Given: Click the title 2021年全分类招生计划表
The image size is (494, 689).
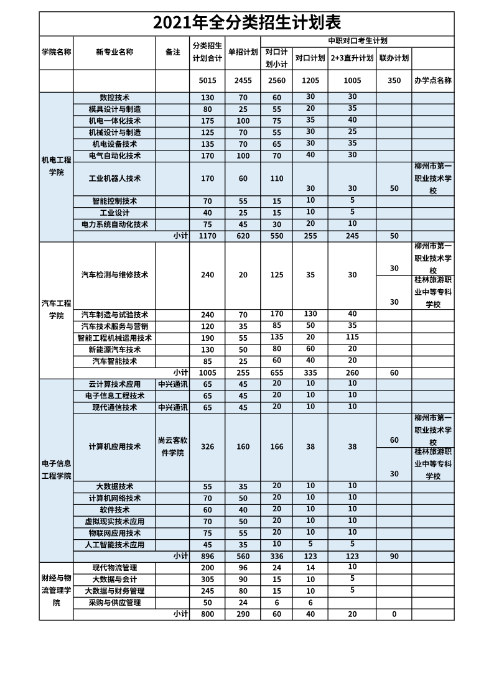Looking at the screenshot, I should tap(247, 23).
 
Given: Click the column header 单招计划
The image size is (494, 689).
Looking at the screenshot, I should tap(243, 52).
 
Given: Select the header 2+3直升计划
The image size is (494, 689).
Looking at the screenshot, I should tap(352, 58).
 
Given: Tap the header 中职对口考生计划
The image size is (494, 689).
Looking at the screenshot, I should tap(357, 40).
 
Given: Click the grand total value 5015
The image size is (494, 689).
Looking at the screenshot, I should tap(207, 81).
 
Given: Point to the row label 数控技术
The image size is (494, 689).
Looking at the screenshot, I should tap(114, 98).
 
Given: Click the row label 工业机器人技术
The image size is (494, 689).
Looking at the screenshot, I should tap(114, 178).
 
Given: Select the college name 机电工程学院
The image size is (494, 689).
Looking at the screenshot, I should tap(56, 166).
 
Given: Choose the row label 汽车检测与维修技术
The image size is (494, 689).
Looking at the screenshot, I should tap(114, 275).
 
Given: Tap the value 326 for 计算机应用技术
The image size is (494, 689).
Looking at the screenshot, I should tap(207, 446).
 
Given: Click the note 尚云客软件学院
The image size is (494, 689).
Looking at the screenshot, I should tap(172, 446).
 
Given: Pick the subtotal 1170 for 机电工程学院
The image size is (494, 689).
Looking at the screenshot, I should tap(207, 236).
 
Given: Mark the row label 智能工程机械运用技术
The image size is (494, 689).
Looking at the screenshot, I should tap(114, 338).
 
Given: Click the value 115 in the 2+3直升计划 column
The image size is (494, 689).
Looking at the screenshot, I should tap(352, 337).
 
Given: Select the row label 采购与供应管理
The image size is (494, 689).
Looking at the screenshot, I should tap(114, 603).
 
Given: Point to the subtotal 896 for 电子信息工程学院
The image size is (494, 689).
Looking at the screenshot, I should tap(207, 557).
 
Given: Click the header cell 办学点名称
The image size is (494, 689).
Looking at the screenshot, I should tap(432, 81).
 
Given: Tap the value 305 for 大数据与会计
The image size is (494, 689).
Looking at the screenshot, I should tap(207, 580).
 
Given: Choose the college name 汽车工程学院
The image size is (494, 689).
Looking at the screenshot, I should tap(56, 309).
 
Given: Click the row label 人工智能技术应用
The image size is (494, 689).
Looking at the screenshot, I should tap(114, 545).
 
